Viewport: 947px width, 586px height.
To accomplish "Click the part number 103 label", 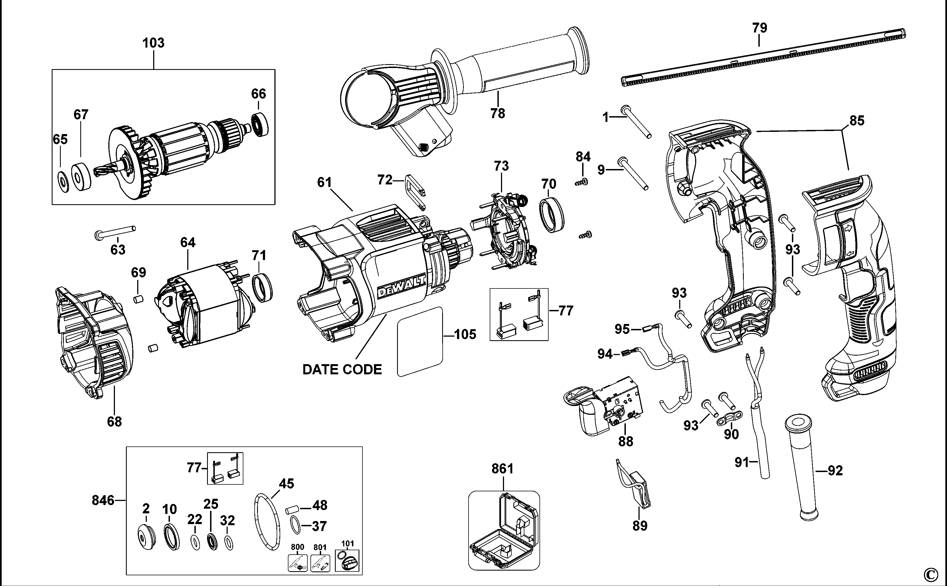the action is coord(153,43).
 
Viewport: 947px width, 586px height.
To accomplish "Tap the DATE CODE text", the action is coord(342,369).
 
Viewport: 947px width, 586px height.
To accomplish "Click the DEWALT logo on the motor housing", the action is coord(401,287).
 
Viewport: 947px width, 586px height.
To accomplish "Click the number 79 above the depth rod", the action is coord(760,28).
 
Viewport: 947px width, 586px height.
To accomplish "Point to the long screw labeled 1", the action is coord(636,121).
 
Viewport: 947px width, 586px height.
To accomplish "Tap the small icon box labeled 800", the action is coord(298,563).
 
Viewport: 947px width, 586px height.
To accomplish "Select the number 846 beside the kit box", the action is coord(103,501).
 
